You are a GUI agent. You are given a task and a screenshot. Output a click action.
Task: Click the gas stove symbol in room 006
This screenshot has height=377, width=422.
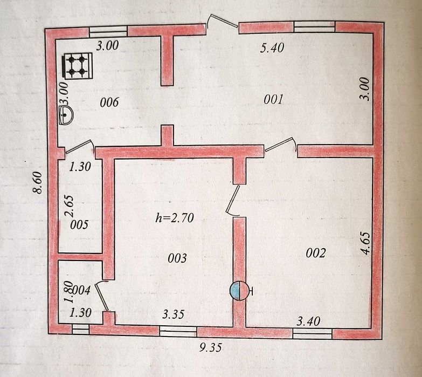(x=78, y=66)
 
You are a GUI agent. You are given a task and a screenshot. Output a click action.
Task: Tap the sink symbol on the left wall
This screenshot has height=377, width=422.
(x=65, y=115)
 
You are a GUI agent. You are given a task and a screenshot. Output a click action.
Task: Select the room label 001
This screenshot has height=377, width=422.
(x=273, y=99)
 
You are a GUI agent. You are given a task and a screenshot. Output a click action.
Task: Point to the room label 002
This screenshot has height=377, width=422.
(x=316, y=253)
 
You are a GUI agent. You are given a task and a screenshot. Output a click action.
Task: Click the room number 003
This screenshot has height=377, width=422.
(x=177, y=258)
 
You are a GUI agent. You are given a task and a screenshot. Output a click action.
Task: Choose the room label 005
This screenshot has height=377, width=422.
(x=79, y=224)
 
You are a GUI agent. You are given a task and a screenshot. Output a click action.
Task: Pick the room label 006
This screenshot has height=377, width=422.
(x=109, y=102)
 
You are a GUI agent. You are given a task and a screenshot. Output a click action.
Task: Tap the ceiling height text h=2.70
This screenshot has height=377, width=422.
(x=175, y=217)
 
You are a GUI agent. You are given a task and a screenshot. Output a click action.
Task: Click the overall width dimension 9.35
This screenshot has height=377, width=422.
(x=211, y=347)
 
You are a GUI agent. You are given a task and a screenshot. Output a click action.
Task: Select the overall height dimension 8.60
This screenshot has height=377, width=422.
(x=38, y=183)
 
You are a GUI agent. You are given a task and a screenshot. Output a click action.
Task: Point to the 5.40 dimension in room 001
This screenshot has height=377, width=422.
(x=272, y=48)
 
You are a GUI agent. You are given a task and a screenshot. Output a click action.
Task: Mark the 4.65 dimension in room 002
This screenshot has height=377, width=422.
(x=366, y=243)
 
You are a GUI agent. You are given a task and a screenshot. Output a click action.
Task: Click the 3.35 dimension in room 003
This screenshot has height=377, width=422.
(x=174, y=314)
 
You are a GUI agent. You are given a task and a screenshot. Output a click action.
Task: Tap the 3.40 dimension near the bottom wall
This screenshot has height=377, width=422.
(x=308, y=321)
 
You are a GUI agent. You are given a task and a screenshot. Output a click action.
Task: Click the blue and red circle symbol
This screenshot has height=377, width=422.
(x=239, y=291)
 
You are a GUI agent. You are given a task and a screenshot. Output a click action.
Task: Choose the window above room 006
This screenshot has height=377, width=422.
(x=108, y=31)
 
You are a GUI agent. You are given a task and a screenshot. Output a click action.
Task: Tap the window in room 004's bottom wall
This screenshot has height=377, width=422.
(x=80, y=330)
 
